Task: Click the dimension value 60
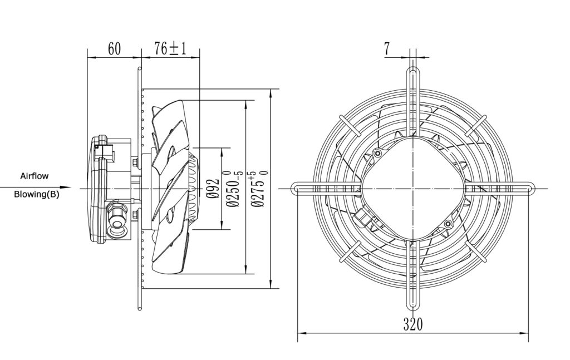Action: click(x=114, y=48)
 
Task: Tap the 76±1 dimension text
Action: click(x=170, y=48)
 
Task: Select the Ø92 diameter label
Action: click(x=214, y=189)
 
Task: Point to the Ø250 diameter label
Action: click(x=234, y=189)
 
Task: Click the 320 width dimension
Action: click(x=414, y=324)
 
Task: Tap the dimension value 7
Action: click(x=387, y=48)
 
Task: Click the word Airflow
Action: click(x=34, y=176)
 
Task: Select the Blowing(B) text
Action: click(x=36, y=194)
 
